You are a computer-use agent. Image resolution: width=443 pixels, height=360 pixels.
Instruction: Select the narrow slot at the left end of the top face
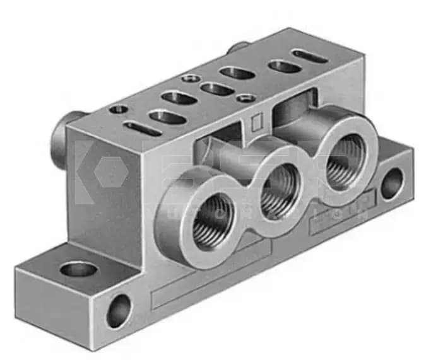140,128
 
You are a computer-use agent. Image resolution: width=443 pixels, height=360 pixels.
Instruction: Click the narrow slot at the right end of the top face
310,56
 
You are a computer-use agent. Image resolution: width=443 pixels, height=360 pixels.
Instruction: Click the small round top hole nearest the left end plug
119,109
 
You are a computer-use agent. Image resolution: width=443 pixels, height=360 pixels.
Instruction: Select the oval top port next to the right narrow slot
285,66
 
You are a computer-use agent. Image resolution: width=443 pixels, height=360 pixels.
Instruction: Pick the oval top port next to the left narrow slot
167,117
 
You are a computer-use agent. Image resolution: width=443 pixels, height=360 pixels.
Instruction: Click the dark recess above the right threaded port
294,108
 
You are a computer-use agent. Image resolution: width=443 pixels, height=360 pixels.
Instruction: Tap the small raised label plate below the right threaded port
344,218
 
